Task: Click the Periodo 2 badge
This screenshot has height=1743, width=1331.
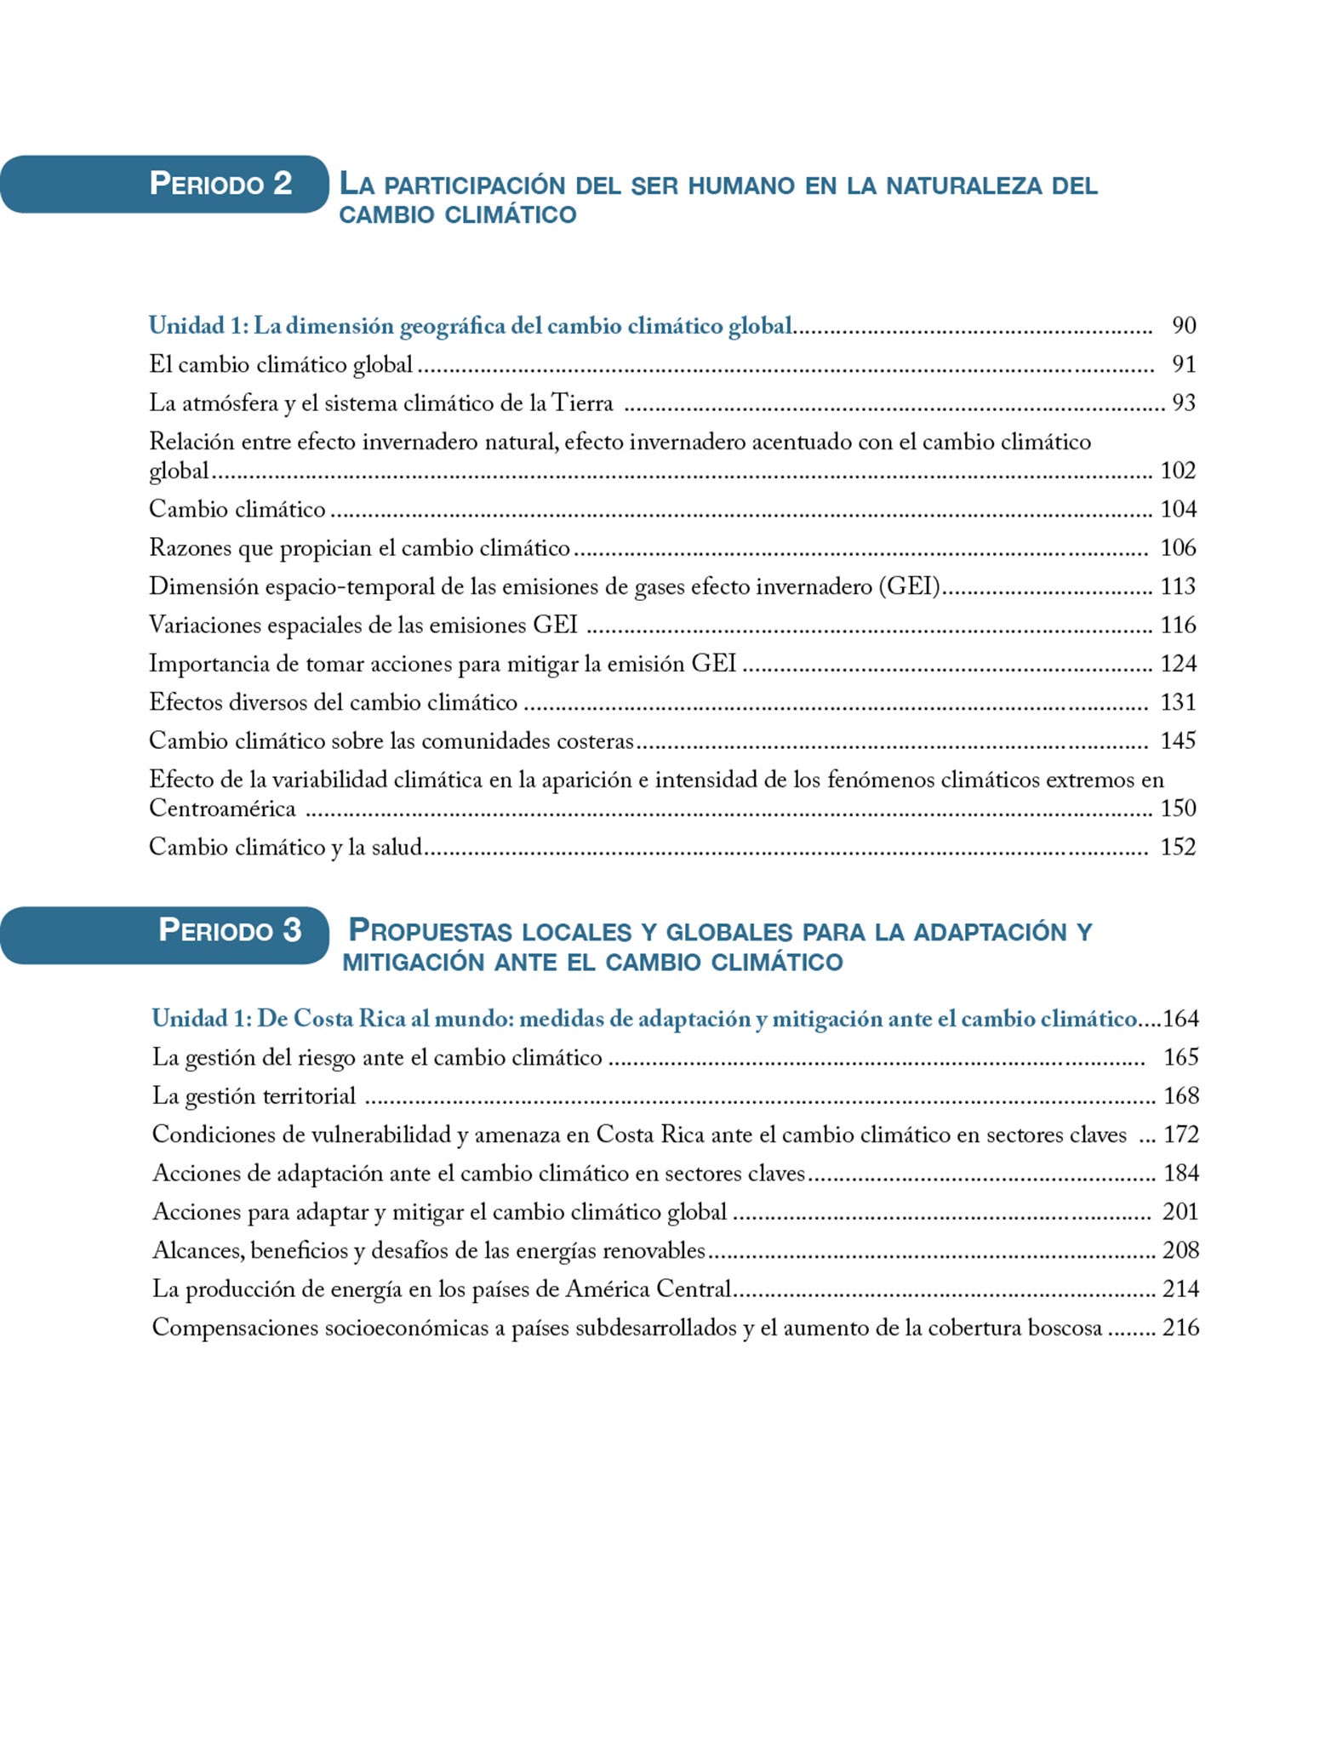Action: (x=165, y=184)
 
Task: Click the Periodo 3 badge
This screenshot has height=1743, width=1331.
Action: (x=165, y=934)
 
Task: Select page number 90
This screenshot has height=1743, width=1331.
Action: (x=1184, y=325)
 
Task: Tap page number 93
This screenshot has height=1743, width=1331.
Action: (x=1184, y=403)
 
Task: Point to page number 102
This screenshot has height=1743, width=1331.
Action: (x=1178, y=471)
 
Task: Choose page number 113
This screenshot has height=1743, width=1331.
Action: (x=1178, y=586)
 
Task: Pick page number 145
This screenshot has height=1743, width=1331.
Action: (x=1178, y=740)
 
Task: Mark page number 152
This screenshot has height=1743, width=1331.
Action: (x=1178, y=847)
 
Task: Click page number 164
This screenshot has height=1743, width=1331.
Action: (x=1180, y=1019)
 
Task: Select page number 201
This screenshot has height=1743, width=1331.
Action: (x=1180, y=1212)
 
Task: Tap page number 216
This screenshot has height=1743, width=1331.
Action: (x=1180, y=1328)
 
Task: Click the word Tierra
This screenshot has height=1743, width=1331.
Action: (x=582, y=403)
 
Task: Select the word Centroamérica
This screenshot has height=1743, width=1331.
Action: (x=222, y=809)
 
